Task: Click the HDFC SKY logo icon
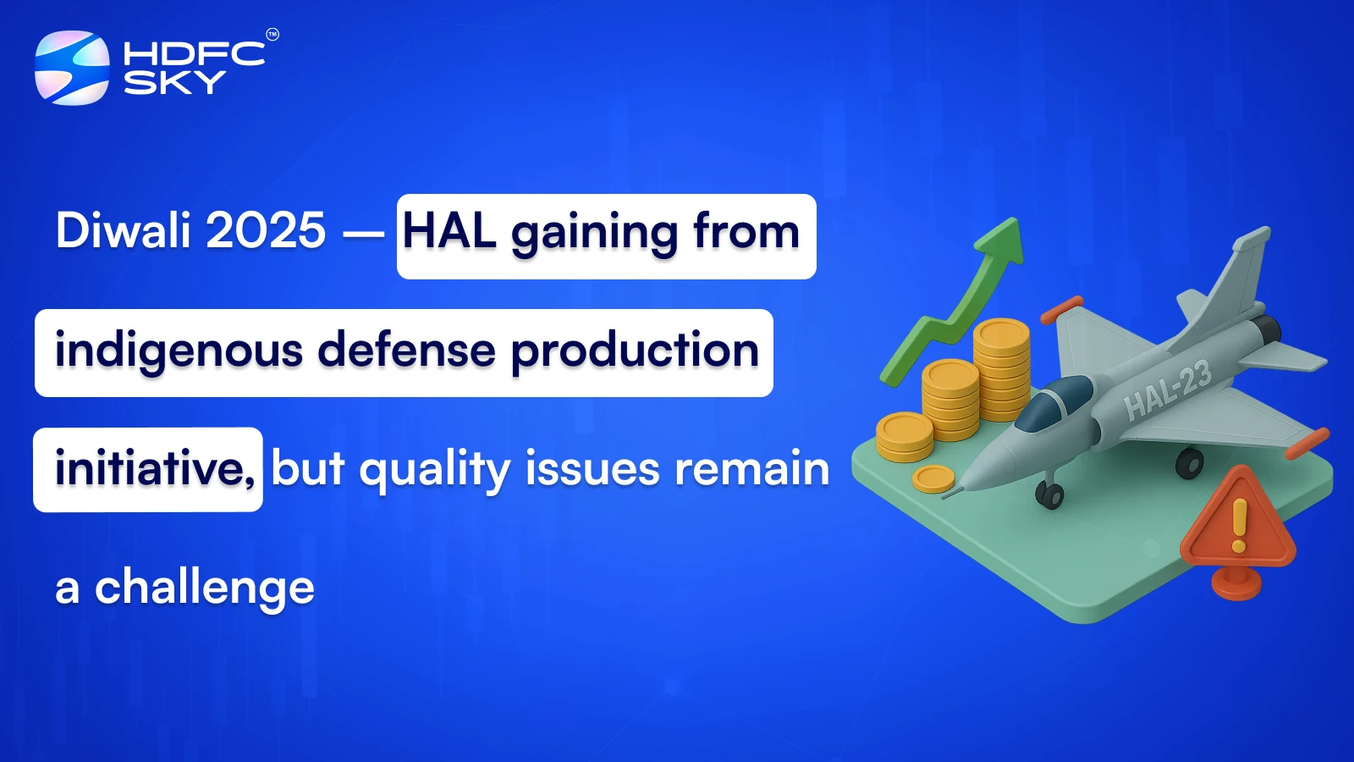73,68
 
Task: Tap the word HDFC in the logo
194,54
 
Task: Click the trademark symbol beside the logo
272,35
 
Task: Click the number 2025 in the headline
266,230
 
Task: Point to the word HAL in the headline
449,231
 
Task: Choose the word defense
406,350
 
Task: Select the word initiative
155,468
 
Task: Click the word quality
435,471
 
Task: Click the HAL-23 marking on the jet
1169,391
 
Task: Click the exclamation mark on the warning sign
1239,525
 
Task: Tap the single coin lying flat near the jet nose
933,479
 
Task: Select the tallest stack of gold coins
1002,369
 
